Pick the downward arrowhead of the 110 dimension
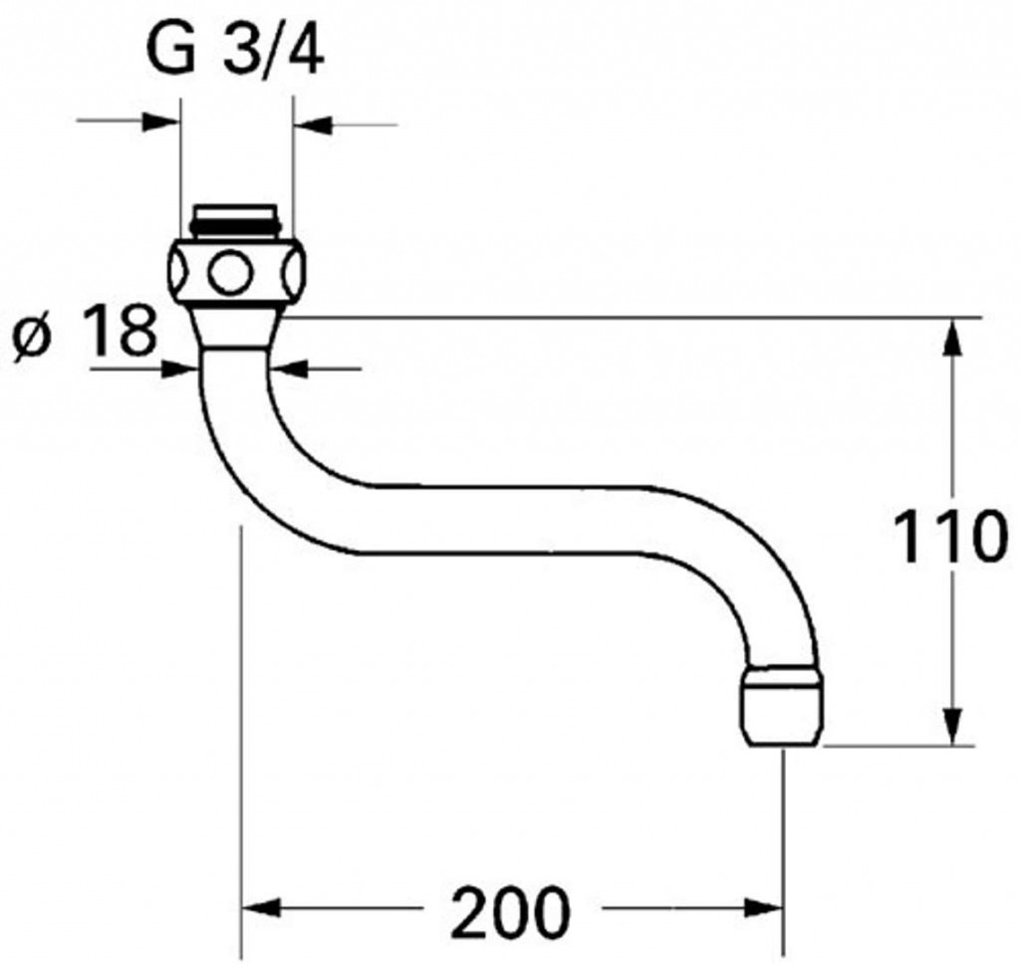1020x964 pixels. (954, 726)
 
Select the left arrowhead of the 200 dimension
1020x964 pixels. (261, 909)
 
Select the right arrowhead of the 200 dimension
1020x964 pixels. (766, 909)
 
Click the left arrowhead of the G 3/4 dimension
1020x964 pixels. (163, 124)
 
